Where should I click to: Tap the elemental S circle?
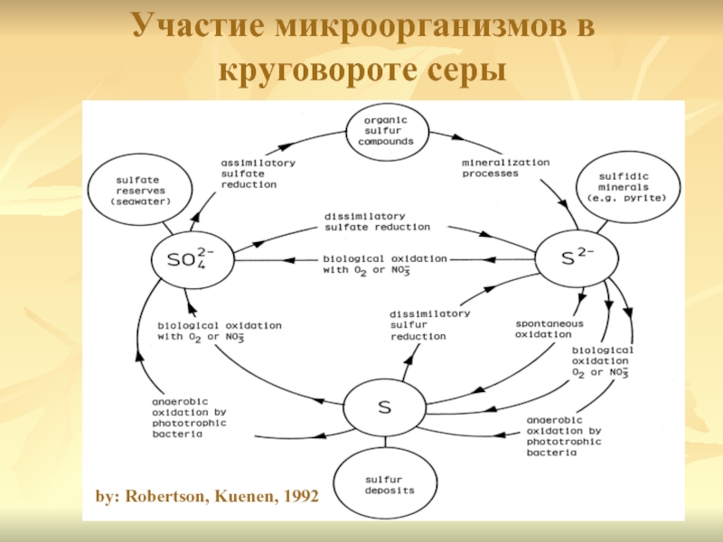[x=383, y=407]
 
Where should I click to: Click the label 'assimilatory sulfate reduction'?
[x=258, y=173]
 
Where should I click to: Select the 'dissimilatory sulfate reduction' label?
[x=376, y=220]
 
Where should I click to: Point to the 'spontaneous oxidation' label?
[x=549, y=329]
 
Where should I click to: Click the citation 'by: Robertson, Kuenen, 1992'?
[x=207, y=496]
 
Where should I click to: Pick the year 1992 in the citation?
[x=298, y=496]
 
